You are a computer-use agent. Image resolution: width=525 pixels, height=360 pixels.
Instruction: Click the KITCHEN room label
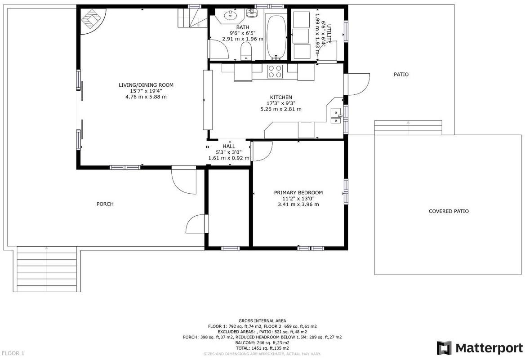click(281, 97)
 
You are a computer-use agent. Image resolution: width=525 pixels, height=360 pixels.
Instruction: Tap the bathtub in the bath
click(276, 37)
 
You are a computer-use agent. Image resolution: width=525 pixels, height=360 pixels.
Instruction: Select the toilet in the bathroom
click(246, 51)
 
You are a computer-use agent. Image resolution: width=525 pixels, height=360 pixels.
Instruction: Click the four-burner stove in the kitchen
click(275, 71)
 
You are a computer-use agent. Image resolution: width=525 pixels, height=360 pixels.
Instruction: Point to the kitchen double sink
click(336, 116)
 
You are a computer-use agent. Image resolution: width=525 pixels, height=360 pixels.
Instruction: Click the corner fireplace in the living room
click(93, 21)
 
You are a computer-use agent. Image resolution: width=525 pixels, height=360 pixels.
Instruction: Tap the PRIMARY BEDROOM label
click(298, 192)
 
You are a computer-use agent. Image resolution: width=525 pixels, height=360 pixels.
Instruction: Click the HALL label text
click(229, 147)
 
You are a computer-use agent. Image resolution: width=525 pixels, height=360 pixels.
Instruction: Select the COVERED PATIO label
click(449, 211)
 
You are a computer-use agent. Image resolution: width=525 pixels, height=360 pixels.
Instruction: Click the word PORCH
click(105, 204)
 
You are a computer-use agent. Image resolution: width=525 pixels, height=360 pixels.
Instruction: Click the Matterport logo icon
click(444, 348)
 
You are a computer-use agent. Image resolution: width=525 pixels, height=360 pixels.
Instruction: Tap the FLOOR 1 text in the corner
click(13, 353)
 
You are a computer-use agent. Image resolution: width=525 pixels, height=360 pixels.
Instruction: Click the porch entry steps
click(47, 269)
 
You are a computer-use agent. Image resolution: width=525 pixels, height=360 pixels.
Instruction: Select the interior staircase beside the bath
click(192, 18)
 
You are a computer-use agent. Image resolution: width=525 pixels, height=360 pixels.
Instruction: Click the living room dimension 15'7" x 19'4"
click(146, 91)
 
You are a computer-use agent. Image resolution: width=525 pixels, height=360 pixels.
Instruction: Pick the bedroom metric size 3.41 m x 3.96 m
click(298, 204)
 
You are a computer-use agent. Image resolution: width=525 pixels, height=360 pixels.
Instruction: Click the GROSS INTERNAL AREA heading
click(262, 321)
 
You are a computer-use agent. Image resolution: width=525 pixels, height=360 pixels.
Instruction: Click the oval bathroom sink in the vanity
click(230, 15)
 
